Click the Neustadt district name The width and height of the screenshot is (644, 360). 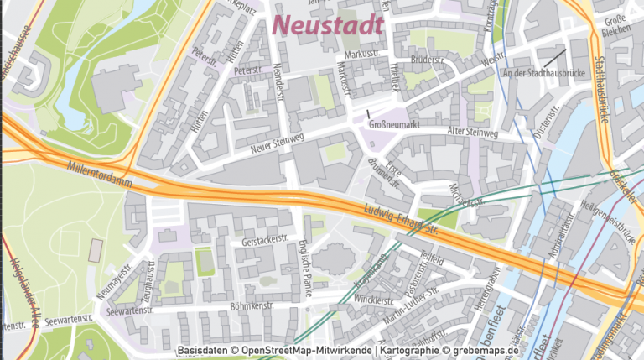pos(329,24)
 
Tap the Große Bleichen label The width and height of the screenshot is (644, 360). pos(616,26)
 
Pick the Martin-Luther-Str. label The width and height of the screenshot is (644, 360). pos(412,305)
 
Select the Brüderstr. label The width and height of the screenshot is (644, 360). pos(428,60)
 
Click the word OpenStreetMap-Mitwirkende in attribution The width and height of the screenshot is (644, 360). pos(305,350)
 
